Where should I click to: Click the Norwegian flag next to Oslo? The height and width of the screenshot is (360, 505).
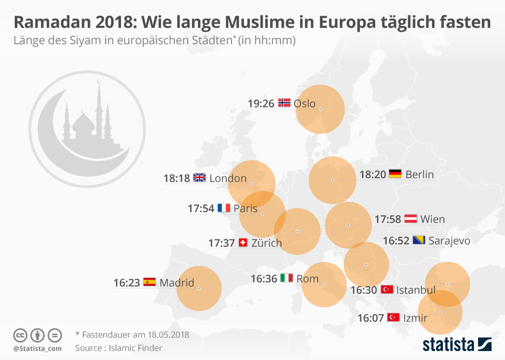pos(284,103)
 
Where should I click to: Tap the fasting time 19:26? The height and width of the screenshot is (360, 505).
pos(261,104)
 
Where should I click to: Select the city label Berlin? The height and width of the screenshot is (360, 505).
pos(419,175)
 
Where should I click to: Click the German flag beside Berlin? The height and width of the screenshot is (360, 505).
pos(395,174)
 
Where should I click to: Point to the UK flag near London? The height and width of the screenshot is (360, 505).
pos(199,178)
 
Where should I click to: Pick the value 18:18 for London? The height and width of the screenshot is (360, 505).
pos(176,178)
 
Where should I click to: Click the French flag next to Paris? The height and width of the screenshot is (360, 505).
pos(224,208)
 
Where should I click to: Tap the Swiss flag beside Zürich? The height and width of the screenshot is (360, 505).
pos(243,243)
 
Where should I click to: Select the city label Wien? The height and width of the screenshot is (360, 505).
pos(432,219)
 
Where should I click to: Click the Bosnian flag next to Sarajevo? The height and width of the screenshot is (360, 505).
pos(419,241)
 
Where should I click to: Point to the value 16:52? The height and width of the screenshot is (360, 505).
pos(396,241)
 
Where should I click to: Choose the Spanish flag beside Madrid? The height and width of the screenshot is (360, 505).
pos(149,282)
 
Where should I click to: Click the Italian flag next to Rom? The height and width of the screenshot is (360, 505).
pos(287,278)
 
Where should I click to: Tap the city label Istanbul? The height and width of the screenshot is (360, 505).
pos(416,289)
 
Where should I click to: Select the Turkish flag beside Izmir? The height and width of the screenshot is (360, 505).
pos(393,317)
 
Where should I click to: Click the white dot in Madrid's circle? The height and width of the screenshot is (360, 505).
pos(199,288)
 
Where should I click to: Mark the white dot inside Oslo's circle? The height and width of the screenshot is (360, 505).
pos(320,109)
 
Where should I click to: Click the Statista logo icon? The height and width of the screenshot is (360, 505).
pos(484,344)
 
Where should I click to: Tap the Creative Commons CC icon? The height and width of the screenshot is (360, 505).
pos(21,335)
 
